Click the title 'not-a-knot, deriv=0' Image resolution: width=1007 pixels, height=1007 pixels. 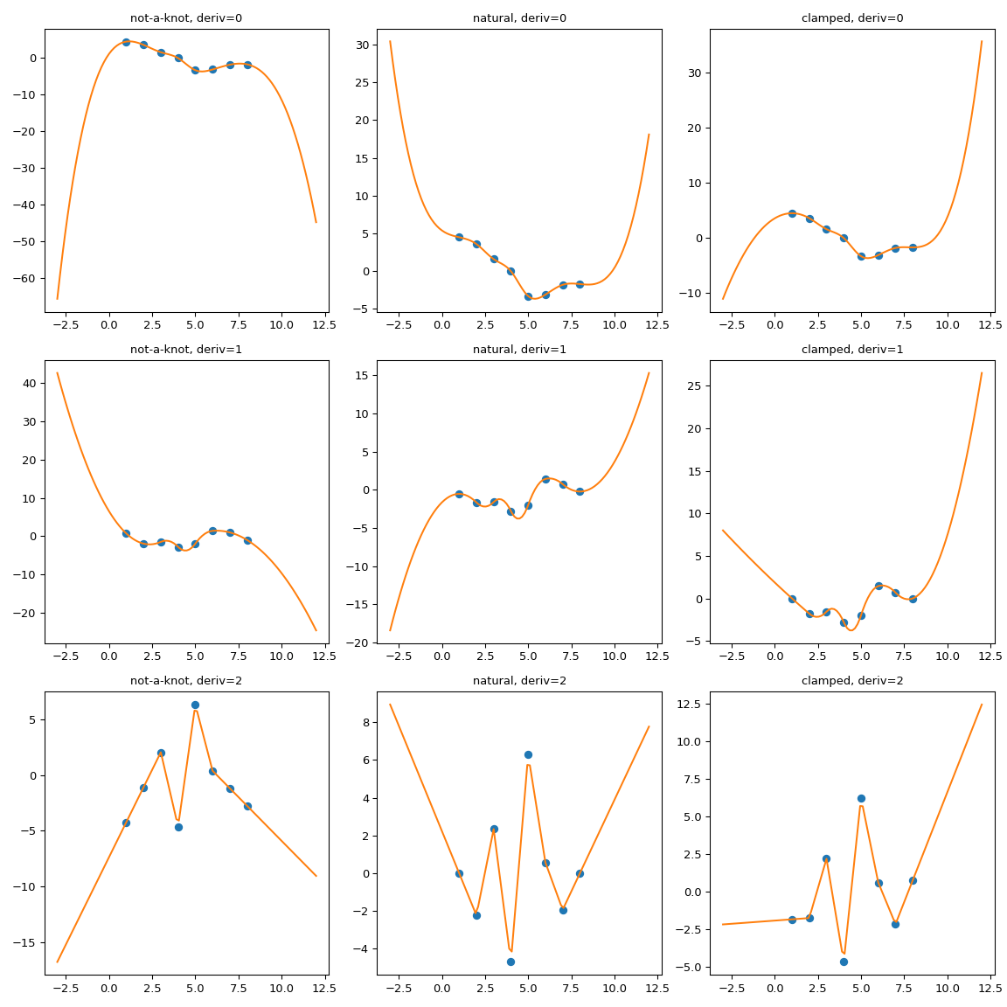tap(186, 17)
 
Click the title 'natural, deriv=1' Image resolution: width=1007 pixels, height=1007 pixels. tap(519, 349)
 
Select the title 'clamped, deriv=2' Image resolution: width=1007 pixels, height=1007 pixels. tap(852, 680)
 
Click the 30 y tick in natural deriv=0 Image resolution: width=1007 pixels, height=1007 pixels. tap(361, 45)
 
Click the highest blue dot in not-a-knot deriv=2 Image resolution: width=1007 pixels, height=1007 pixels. tap(195, 705)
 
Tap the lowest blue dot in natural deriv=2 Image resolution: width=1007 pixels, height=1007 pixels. tap(510, 962)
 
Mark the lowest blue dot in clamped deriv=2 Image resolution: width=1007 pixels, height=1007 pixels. tap(844, 962)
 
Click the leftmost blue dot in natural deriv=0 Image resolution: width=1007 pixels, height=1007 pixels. tap(459, 237)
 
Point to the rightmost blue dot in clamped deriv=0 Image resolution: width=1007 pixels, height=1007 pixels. tap(913, 247)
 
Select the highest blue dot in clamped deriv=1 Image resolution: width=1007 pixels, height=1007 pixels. tap(879, 586)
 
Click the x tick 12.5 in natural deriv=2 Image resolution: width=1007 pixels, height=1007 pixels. tap(656, 988)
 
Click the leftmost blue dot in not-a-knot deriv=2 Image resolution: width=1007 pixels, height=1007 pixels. tap(126, 823)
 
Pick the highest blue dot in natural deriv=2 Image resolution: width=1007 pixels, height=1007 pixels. tap(528, 754)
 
